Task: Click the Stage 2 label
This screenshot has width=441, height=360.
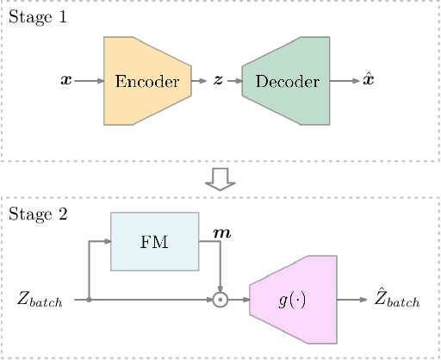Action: [37, 214]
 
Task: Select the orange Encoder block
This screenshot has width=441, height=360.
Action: [147, 81]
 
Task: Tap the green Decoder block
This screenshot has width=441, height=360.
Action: [287, 81]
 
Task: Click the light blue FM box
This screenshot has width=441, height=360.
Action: [154, 241]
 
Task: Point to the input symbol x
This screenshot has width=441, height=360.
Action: [65, 81]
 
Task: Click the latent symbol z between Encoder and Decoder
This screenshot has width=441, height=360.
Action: [217, 81]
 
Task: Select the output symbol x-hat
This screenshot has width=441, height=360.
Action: [369, 81]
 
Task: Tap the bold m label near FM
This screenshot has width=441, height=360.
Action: [221, 233]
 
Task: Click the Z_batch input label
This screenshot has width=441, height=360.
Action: [40, 301]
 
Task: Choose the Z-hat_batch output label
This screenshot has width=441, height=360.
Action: [397, 300]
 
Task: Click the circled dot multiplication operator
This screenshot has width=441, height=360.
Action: [220, 301]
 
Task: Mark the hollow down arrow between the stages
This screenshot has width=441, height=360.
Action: [220, 178]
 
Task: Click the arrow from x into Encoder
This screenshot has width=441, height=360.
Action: [89, 81]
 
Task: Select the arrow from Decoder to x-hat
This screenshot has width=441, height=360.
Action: [345, 81]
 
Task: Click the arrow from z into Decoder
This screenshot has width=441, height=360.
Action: [233, 81]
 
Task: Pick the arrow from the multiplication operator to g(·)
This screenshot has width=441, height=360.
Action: [239, 301]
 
